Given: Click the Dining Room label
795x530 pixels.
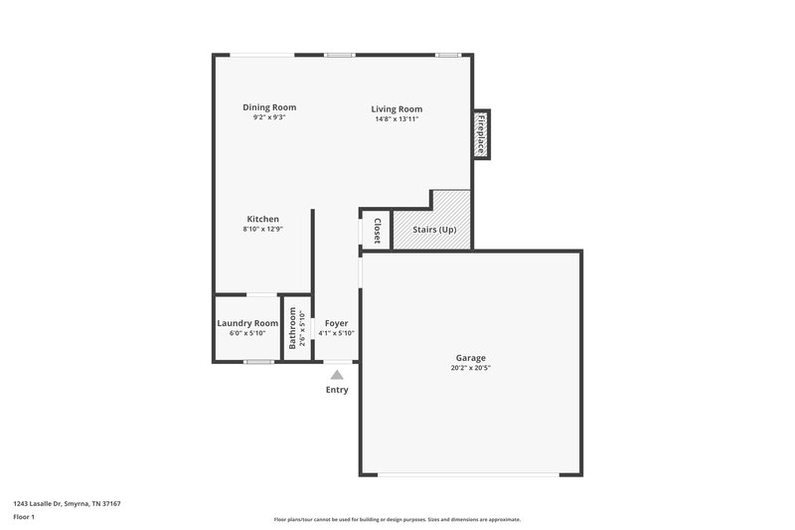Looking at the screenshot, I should click(x=269, y=107).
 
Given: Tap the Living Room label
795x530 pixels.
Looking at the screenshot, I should click(x=397, y=109).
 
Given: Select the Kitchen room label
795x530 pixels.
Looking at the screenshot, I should click(x=263, y=219).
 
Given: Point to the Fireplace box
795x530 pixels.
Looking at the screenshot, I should click(x=481, y=133).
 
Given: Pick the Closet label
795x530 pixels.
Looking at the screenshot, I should click(x=378, y=232).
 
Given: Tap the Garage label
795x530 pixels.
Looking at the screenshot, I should click(x=471, y=358).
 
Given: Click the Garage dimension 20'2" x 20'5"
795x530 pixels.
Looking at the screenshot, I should click(x=471, y=368).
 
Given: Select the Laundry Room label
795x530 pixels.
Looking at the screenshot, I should click(x=247, y=323).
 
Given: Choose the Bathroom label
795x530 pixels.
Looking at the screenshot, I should click(x=292, y=328).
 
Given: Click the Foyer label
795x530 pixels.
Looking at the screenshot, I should click(x=336, y=323).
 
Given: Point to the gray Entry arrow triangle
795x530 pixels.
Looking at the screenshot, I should click(x=337, y=375).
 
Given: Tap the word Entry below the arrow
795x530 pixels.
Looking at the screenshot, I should click(x=337, y=390).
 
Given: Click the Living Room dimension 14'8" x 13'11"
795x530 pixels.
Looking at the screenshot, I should click(x=397, y=119).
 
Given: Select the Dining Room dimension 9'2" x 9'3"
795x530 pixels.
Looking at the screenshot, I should click(x=269, y=118).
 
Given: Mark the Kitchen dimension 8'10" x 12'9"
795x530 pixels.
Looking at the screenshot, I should click(x=263, y=229).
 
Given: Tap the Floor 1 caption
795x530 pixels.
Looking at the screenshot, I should click(x=25, y=517).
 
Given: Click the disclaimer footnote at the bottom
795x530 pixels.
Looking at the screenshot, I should click(x=397, y=519).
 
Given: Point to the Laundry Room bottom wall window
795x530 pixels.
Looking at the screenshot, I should click(x=259, y=362).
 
